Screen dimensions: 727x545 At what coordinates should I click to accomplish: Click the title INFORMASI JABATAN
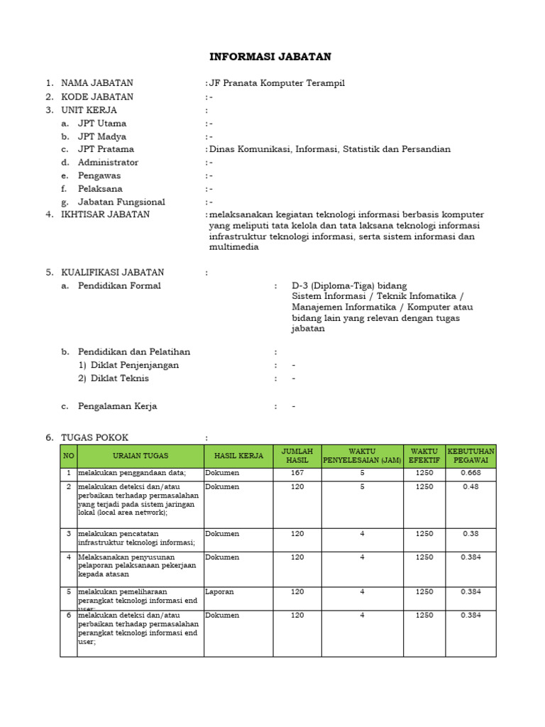(270, 57)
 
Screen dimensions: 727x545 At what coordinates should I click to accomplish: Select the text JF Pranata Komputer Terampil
(277, 84)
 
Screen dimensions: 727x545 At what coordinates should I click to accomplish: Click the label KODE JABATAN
(97, 97)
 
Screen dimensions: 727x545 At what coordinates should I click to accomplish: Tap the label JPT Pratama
(106, 149)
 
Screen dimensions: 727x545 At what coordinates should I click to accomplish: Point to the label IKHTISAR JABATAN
(105, 214)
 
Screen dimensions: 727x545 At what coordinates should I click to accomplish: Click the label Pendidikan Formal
(119, 285)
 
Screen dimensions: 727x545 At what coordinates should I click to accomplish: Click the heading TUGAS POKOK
(94, 437)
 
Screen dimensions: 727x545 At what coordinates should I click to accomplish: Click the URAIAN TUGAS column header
(141, 456)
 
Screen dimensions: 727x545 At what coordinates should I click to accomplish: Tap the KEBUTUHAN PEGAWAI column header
(470, 456)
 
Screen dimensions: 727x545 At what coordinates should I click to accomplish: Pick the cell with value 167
(297, 473)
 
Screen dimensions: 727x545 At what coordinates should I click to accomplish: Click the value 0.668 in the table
(470, 473)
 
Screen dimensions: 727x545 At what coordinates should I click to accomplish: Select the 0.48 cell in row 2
(470, 487)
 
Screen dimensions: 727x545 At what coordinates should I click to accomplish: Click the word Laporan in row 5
(219, 591)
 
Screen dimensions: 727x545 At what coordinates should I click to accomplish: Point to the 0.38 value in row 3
(470, 534)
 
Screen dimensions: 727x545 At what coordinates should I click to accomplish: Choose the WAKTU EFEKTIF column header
(424, 456)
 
